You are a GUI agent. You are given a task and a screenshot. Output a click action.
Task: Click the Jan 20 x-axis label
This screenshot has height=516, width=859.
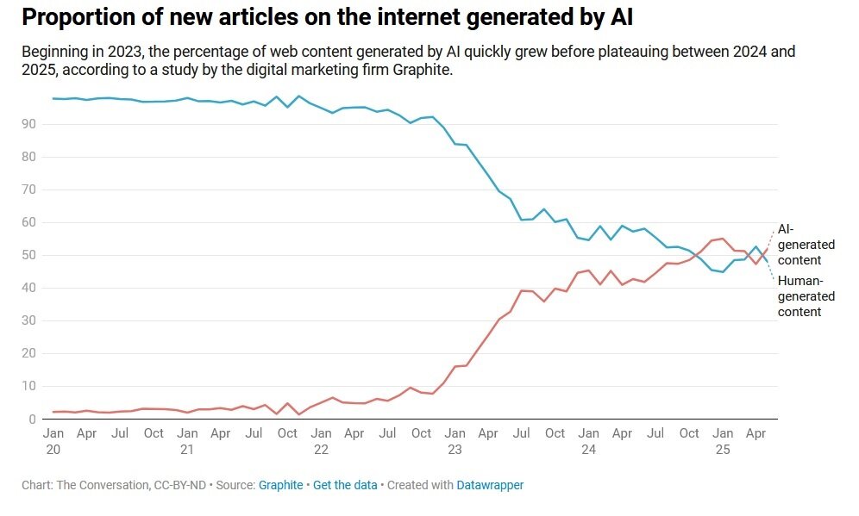coord(53,441)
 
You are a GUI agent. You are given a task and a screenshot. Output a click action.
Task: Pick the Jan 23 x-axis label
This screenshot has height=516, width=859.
coord(455,441)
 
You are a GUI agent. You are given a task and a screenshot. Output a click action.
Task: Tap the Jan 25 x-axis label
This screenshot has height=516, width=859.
coord(722,441)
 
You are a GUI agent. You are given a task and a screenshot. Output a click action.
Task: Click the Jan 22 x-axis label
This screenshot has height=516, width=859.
coord(321,441)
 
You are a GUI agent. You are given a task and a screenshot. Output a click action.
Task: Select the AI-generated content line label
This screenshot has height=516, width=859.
coord(806,244)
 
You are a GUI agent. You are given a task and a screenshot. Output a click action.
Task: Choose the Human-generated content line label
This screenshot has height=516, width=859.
coord(806,295)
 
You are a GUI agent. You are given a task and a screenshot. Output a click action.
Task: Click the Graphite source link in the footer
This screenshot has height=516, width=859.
coord(280,485)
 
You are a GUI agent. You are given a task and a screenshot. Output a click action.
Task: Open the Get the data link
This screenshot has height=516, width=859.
coord(345,485)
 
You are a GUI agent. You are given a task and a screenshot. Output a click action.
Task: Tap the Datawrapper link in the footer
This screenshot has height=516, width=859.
coord(490,485)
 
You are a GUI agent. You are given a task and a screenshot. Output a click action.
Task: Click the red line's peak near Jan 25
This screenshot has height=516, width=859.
coord(723,239)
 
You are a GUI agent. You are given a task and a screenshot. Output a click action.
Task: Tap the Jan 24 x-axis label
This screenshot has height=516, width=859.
coord(588,441)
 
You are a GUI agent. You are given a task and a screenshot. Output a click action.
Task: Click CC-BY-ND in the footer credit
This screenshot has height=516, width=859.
coord(176,485)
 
